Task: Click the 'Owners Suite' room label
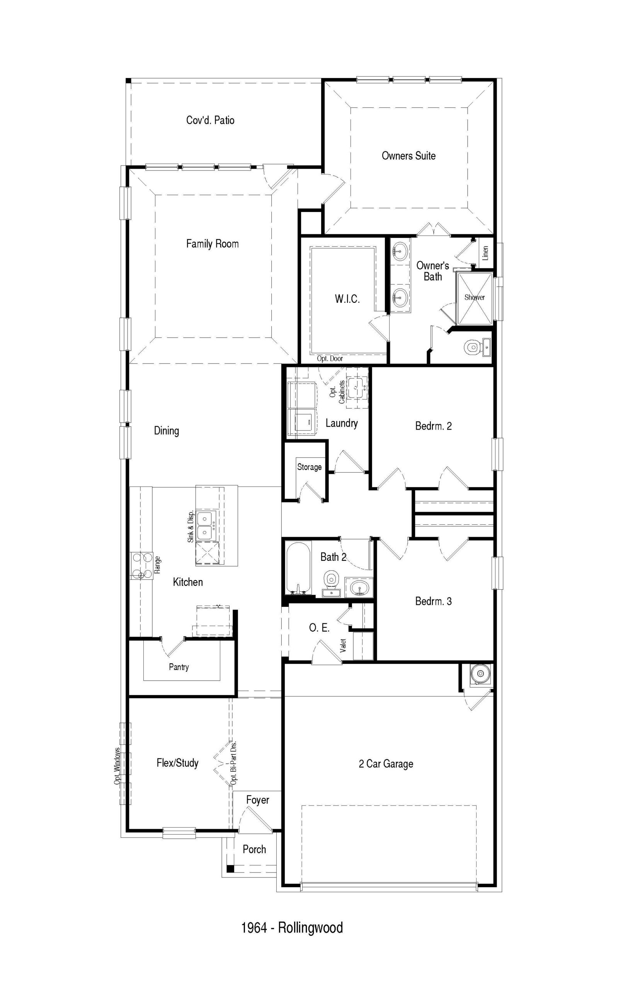pyautogui.click(x=409, y=156)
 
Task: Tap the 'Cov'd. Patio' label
pyautogui.click(x=210, y=120)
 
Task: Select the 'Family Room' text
pyautogui.click(x=212, y=244)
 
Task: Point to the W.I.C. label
pyautogui.click(x=347, y=299)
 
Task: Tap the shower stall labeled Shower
pyautogui.click(x=475, y=298)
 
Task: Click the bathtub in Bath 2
pyautogui.click(x=298, y=568)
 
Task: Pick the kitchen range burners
pyautogui.click(x=141, y=565)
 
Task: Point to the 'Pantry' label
pyautogui.click(x=179, y=667)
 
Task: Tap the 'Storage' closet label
pyautogui.click(x=309, y=467)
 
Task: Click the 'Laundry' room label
pyautogui.click(x=342, y=423)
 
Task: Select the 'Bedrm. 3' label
pyautogui.click(x=434, y=601)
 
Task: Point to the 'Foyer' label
pyautogui.click(x=258, y=800)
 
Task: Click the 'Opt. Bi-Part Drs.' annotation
pyautogui.click(x=233, y=763)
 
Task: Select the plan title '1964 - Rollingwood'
pyautogui.click(x=292, y=928)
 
